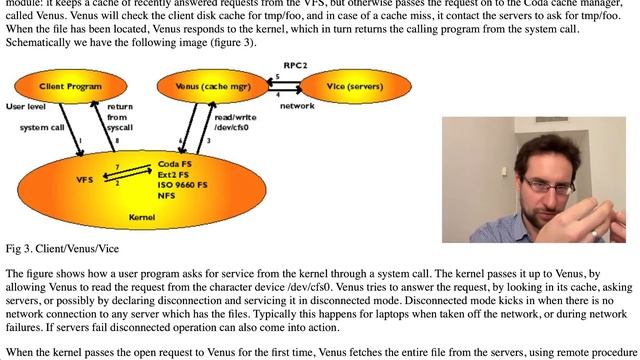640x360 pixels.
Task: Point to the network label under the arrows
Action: tap(296, 104)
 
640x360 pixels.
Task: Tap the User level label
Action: tap(25, 104)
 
